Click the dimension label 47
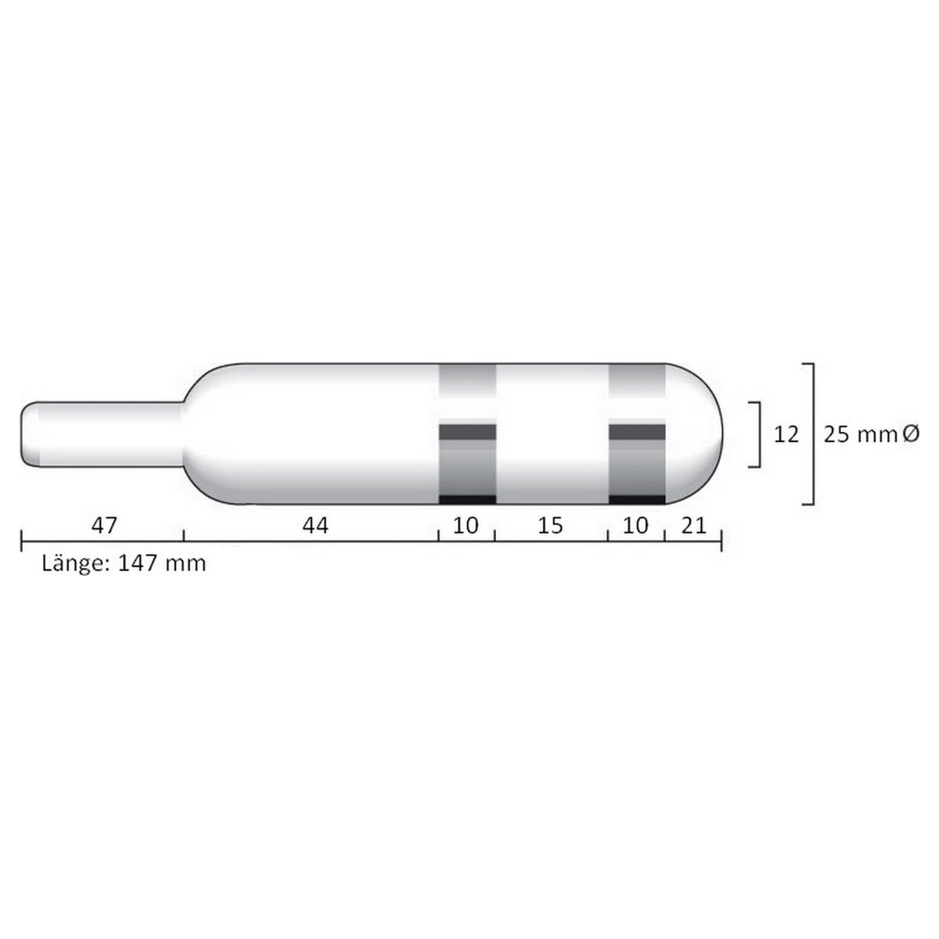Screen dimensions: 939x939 [x=104, y=526]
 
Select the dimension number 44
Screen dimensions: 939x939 [x=315, y=526]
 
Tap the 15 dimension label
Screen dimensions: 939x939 [x=551, y=526]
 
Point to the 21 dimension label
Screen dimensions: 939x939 [x=693, y=526]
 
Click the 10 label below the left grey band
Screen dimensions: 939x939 [x=466, y=526]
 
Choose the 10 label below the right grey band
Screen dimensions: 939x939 [x=635, y=526]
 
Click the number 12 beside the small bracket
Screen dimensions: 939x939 [x=786, y=434]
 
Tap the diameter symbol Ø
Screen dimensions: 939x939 [x=910, y=434]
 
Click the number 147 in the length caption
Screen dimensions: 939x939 [x=137, y=563]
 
